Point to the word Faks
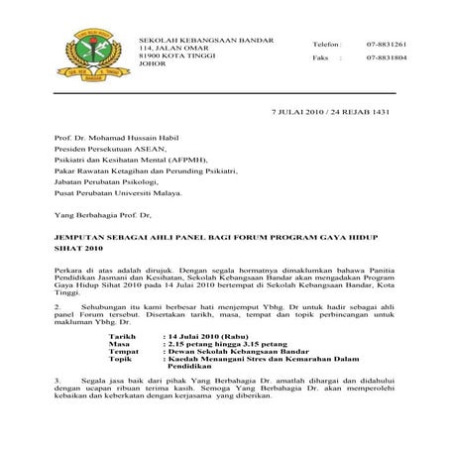point(292,57)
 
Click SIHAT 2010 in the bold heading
point(77,251)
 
